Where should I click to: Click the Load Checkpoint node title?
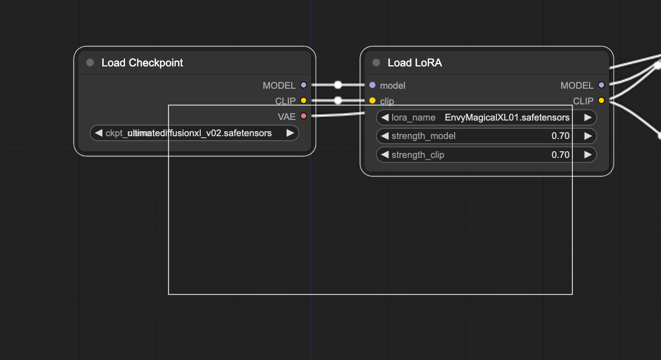tap(142, 63)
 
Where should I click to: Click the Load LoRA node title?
tap(414, 63)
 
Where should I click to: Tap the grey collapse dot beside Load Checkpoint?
tap(90, 63)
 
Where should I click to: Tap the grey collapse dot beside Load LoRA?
tap(376, 63)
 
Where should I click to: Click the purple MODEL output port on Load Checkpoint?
tap(303, 85)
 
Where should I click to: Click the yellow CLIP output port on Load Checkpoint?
tap(303, 100)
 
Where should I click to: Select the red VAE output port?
tap(303, 116)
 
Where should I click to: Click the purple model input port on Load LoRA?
tap(373, 85)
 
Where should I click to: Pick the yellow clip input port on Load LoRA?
tap(373, 100)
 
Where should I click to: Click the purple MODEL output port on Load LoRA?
tap(601, 85)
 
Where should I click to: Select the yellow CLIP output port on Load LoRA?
tap(601, 100)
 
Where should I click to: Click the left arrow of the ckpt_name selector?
tap(99, 133)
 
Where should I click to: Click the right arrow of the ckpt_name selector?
tap(290, 133)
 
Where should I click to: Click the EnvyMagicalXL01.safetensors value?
tap(506, 117)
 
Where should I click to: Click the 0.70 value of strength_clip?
tap(560, 155)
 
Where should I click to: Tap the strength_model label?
tap(423, 136)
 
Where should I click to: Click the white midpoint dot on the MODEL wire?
tap(338, 85)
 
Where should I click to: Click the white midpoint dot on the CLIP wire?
tap(338, 100)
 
